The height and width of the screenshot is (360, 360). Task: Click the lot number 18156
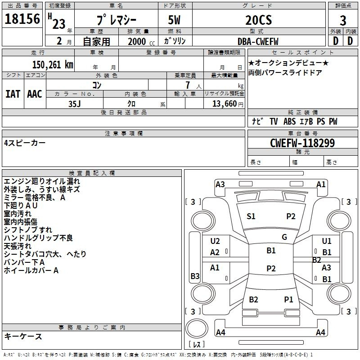click(22, 19)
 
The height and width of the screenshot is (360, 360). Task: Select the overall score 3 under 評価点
click(343, 20)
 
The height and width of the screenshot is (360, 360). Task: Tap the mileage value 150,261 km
click(53, 65)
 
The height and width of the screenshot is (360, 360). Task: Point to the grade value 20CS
click(258, 20)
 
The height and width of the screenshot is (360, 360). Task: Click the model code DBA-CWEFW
click(258, 41)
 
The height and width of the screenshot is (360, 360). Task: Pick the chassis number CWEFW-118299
click(302, 143)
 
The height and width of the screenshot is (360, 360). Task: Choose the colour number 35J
click(74, 104)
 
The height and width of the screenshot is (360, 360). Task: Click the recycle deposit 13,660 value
click(225, 103)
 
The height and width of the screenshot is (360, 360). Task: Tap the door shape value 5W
click(174, 20)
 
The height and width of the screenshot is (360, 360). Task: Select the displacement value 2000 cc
click(141, 41)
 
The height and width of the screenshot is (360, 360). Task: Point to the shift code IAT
click(13, 94)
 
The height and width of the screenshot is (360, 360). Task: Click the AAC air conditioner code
click(35, 94)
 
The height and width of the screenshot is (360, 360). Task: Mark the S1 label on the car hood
click(251, 216)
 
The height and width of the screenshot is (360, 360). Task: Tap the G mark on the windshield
click(284, 237)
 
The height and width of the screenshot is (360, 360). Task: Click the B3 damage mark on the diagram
click(195, 276)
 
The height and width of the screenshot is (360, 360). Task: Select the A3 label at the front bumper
click(220, 184)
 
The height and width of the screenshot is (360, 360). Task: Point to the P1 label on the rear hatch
click(288, 300)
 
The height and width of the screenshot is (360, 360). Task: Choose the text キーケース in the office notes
click(23, 336)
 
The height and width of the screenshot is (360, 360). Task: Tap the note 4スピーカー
click(25, 143)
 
